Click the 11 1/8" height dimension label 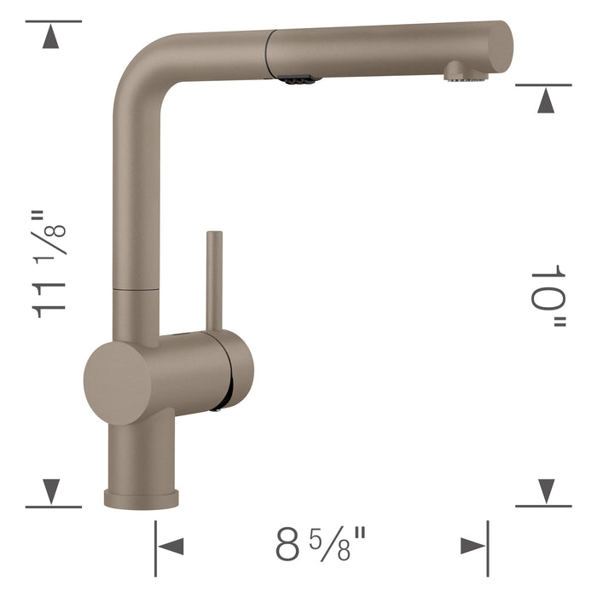[x=49, y=264]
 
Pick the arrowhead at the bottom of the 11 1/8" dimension [x=52, y=490]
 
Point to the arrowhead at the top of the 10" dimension [x=546, y=101]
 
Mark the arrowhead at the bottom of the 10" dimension [x=546, y=490]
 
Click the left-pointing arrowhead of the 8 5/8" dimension [x=171, y=546]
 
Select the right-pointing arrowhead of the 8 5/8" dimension [x=472, y=546]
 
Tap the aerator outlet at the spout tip [x=465, y=74]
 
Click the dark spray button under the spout [x=297, y=79]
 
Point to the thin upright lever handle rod [x=214, y=277]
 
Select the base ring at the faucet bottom [x=142, y=497]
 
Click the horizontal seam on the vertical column [x=136, y=290]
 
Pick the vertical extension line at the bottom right [x=489, y=546]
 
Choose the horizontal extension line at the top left [x=53, y=21]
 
